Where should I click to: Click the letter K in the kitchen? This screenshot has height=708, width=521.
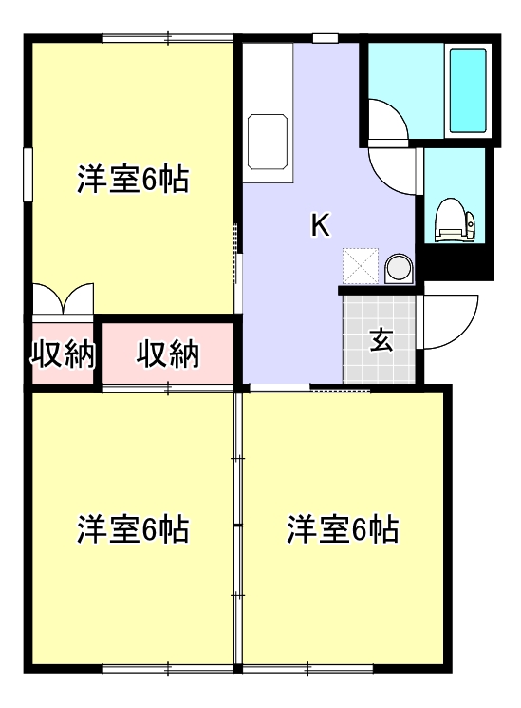tap(321, 225)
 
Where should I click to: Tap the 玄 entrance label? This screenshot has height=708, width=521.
tap(381, 339)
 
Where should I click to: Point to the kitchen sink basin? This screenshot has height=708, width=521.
tap(269, 141)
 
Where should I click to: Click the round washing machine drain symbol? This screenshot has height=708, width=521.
tap(399, 267)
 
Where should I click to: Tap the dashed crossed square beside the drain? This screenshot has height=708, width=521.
tap(361, 265)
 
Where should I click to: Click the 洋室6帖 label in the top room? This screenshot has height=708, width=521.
tap(133, 179)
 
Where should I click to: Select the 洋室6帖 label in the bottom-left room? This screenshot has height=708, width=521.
tap(133, 528)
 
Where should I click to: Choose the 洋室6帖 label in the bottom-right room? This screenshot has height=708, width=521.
tap(343, 528)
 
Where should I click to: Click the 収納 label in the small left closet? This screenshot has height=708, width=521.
tap(64, 354)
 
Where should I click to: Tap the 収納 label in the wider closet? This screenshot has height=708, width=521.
tap(168, 354)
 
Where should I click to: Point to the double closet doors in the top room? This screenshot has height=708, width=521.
tap(64, 298)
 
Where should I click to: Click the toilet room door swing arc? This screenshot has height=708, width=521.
tap(394, 169)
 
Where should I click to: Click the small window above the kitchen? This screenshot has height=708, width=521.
tap(326, 38)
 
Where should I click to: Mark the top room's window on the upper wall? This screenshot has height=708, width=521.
tap(167, 38)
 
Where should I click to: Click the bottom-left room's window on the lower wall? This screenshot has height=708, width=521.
tap(167, 669)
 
